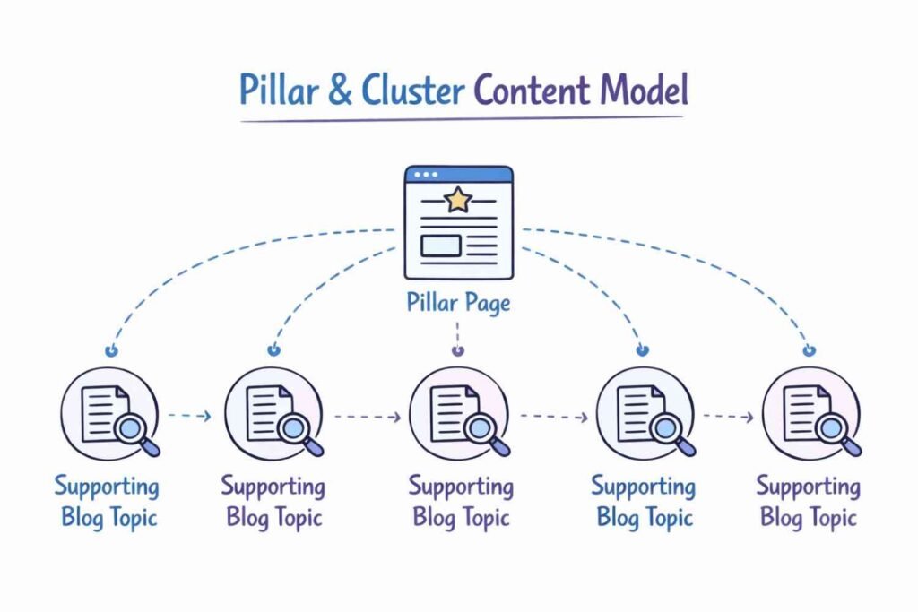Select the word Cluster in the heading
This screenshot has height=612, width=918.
413,91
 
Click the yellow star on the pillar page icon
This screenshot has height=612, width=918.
458,200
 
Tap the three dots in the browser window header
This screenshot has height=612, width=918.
425,174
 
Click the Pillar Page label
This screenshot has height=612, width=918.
458,303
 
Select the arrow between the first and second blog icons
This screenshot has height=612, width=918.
190,416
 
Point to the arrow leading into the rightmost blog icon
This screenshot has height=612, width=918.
728,417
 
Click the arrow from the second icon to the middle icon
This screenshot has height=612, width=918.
368,417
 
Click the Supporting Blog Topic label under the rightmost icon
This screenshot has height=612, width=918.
809,502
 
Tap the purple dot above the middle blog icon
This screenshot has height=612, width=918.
458,351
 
